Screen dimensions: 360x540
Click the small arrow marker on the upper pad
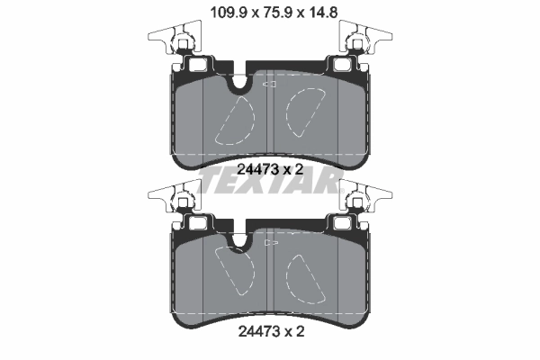point(267,84)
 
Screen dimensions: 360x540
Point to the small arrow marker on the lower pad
point(267,244)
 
